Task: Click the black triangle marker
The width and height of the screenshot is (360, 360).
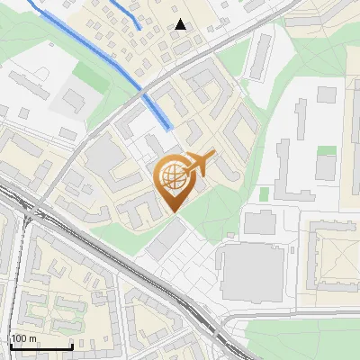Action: coord(181,25)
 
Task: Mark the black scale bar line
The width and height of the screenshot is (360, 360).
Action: coord(40,346)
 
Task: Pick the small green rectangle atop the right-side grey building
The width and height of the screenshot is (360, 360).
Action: coord(326,150)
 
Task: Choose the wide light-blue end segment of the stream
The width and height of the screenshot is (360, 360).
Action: coord(160,112)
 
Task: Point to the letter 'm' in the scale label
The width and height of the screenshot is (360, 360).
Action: coord(34,338)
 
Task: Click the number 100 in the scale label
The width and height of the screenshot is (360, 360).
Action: coord(20,338)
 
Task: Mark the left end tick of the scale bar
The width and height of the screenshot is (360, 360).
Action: coord(11,346)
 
